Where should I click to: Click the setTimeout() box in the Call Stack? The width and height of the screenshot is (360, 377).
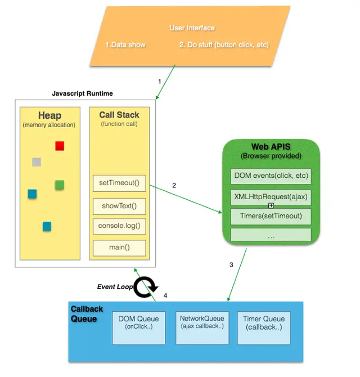(119, 183)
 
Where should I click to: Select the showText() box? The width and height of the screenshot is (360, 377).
(119, 205)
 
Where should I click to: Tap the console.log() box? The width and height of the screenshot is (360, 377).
(119, 226)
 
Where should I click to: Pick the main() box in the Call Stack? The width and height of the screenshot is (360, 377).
(119, 248)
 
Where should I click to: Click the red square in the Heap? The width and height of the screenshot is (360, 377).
(60, 146)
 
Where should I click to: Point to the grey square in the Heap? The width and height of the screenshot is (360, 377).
(37, 162)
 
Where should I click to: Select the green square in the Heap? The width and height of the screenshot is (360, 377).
(60, 185)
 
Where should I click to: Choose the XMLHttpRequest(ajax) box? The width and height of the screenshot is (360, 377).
(271, 197)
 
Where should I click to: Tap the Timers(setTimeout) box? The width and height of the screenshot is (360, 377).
(271, 216)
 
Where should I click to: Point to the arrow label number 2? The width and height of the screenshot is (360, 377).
(174, 185)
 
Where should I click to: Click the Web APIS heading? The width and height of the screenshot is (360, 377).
(271, 147)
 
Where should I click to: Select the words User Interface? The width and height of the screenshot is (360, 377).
(192, 28)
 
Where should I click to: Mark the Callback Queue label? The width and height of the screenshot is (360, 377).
(84, 314)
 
